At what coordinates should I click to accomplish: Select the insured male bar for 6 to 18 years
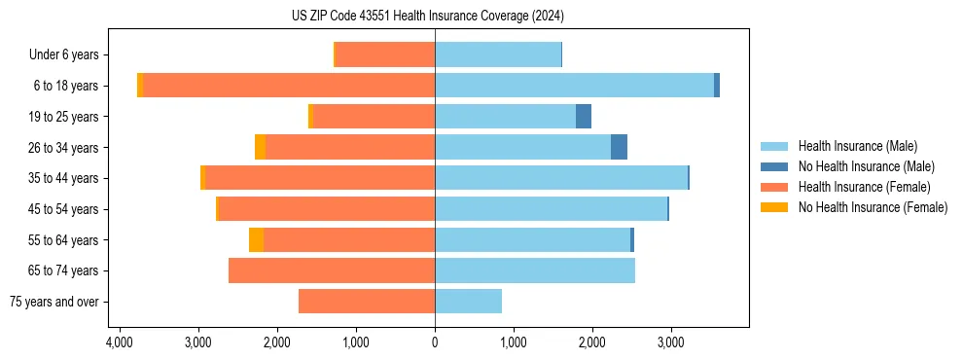574,86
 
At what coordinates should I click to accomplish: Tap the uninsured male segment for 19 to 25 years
584,117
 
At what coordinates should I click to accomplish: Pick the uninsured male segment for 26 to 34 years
619,147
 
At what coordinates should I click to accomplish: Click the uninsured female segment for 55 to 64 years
256,239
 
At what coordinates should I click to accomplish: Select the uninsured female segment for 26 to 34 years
260,147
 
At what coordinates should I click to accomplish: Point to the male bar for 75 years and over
468,302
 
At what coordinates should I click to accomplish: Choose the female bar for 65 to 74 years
332,270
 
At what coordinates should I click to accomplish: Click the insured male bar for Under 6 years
498,54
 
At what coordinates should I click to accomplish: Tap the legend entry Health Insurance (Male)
857,146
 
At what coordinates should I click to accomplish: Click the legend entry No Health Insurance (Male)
865,166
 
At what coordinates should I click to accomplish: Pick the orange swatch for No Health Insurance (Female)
774,207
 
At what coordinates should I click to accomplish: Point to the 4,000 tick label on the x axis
120,342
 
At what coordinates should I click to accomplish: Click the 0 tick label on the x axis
435,342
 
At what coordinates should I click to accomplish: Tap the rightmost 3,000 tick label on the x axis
670,342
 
